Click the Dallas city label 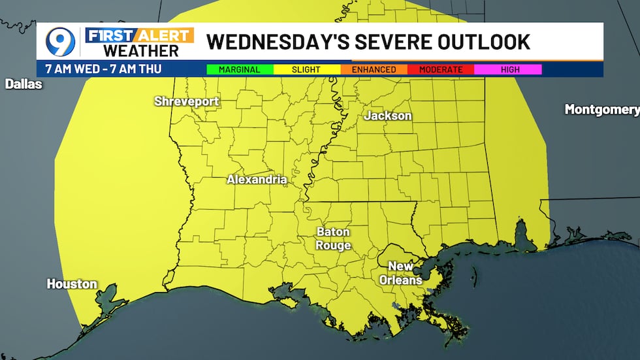(x=24, y=84)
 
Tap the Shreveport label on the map (x=187, y=101)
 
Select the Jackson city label (x=388, y=116)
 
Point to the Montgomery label (x=601, y=110)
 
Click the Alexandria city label (x=257, y=179)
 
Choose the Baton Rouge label (x=333, y=238)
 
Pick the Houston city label (x=72, y=284)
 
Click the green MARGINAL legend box (x=240, y=69)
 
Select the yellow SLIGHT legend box (x=306, y=69)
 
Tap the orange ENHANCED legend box (x=374, y=69)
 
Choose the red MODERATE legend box (x=441, y=69)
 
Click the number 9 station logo (x=60, y=41)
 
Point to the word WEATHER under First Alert (x=141, y=51)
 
